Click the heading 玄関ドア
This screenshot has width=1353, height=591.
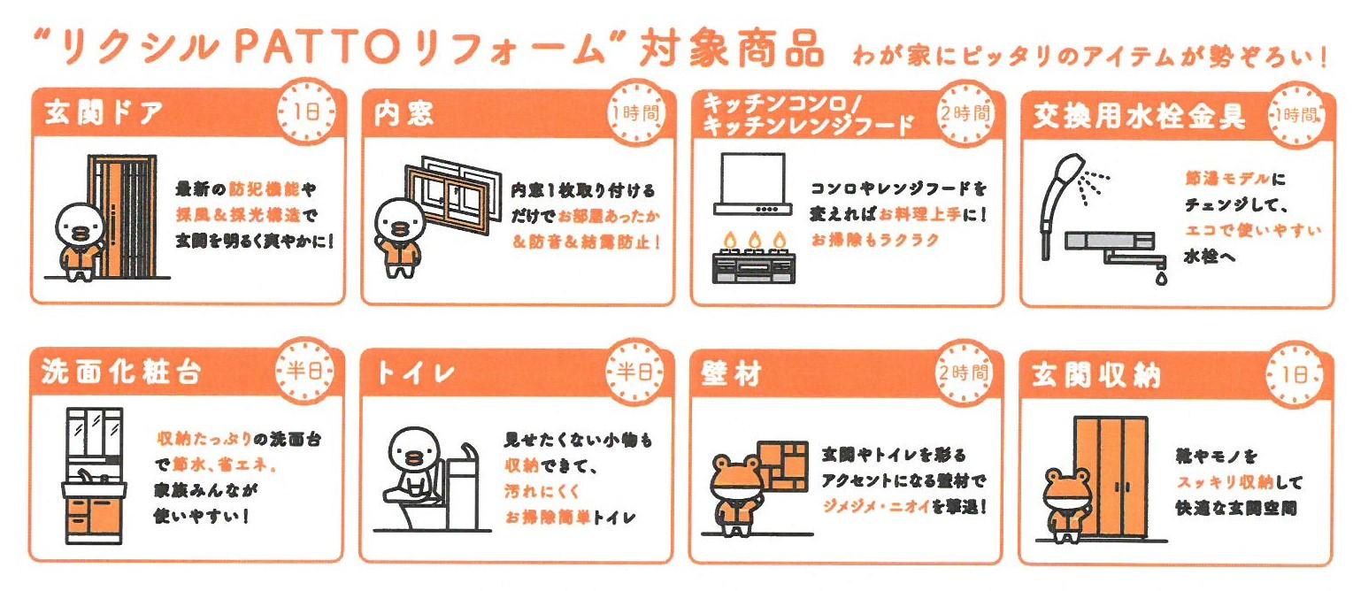click(x=104, y=113)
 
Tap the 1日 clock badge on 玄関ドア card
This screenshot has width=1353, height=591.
click(x=306, y=111)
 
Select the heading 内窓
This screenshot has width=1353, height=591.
click(x=404, y=113)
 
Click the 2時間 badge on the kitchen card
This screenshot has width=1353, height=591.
click(x=965, y=113)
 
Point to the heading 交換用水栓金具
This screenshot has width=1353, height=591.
click(x=1139, y=116)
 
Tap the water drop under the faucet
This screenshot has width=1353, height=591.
click(x=1161, y=278)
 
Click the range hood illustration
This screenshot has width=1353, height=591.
click(x=753, y=184)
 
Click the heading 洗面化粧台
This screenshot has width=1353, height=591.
click(x=121, y=372)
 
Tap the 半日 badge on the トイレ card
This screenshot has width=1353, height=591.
click(x=634, y=371)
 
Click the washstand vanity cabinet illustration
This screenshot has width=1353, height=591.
click(x=95, y=476)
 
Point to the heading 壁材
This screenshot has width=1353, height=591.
click(x=732, y=373)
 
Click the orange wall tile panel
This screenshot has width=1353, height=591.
click(x=783, y=466)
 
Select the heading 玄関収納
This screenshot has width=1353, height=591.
click(x=1095, y=375)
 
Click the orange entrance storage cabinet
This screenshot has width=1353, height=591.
click(x=1111, y=477)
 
